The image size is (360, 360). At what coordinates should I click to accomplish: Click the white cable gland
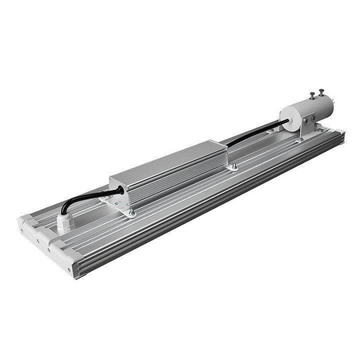coord(65,222)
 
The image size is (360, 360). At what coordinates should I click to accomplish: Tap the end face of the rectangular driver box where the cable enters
coord(119,192)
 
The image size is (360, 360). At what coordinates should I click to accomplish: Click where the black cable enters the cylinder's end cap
coord(286,120)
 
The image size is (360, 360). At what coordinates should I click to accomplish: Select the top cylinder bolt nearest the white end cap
coord(312,94)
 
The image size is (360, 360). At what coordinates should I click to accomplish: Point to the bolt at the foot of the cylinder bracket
coord(300,140)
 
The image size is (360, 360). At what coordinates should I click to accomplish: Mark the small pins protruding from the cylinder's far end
coord(333,105)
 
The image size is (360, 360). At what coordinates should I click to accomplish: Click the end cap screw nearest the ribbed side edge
coord(69,270)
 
